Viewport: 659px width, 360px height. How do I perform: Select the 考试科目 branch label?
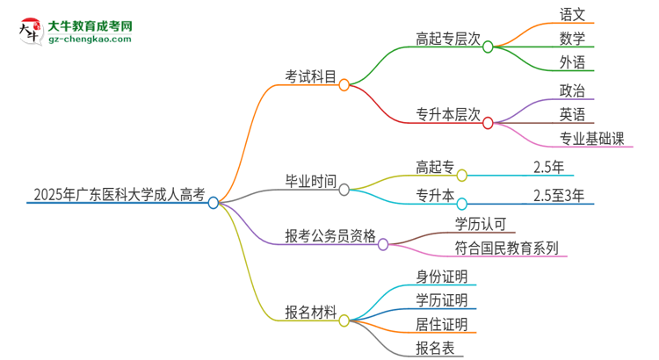pos(311,77)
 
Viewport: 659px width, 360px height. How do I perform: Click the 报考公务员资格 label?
pos(330,235)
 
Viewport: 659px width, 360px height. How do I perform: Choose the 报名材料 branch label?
pos(311,312)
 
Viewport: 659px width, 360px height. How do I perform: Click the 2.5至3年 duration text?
pos(559,194)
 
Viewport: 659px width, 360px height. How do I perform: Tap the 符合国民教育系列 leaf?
pos(506,248)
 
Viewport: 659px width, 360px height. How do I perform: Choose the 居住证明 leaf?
pos(442,324)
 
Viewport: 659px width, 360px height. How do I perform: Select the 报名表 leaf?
pos(435,349)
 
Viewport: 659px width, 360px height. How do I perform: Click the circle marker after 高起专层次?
pos(488,47)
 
